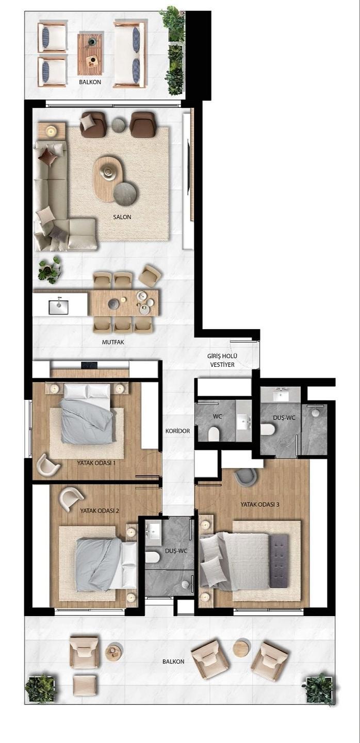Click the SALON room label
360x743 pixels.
[122, 217]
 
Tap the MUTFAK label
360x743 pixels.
[113, 342]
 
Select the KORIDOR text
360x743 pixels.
[178, 431]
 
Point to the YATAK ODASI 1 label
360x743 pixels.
[96, 463]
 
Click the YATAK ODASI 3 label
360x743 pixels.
[260, 505]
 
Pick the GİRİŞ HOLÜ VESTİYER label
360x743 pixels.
[222, 360]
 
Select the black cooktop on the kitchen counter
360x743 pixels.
[90, 365]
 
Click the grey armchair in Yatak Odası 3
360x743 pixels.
[246, 477]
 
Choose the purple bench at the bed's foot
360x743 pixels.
[280, 560]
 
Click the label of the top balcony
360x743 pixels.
[90, 82]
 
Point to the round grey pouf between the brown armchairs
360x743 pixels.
[119, 124]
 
